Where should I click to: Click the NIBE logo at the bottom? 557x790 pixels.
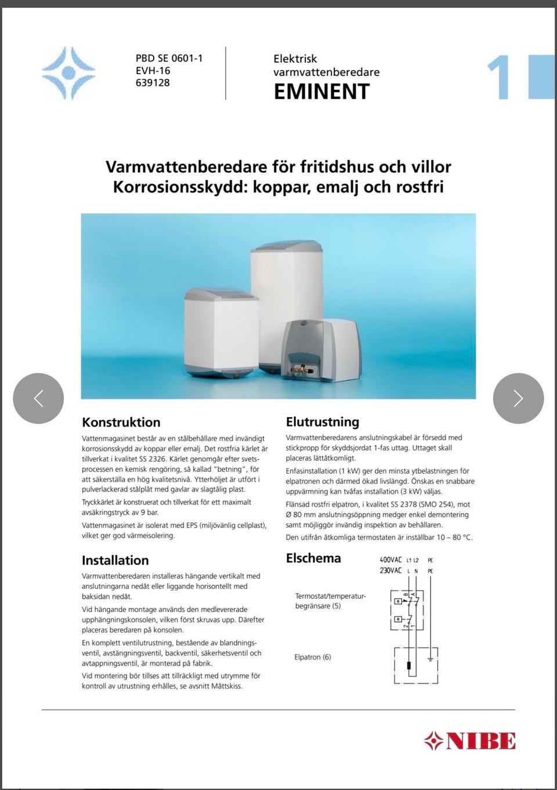click(x=469, y=740)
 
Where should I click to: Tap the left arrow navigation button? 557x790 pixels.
click(x=38, y=398)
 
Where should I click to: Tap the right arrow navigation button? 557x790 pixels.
click(x=518, y=398)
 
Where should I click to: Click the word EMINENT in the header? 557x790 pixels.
click(x=321, y=92)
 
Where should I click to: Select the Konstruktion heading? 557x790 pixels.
click(x=121, y=422)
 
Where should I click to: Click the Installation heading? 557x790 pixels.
click(x=115, y=560)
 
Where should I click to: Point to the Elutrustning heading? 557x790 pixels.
click(x=323, y=422)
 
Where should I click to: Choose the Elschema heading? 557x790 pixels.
click(x=313, y=559)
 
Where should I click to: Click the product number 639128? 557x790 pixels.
click(x=153, y=82)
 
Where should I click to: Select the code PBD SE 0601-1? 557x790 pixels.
click(x=169, y=58)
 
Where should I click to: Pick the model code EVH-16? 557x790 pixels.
click(x=153, y=70)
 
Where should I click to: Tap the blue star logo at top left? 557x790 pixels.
click(x=68, y=73)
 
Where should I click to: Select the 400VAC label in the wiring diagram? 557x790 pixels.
click(x=389, y=560)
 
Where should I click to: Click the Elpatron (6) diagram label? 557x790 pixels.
click(x=313, y=657)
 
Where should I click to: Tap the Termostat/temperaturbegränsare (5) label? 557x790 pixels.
click(x=330, y=601)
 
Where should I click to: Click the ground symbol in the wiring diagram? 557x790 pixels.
click(x=429, y=659)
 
